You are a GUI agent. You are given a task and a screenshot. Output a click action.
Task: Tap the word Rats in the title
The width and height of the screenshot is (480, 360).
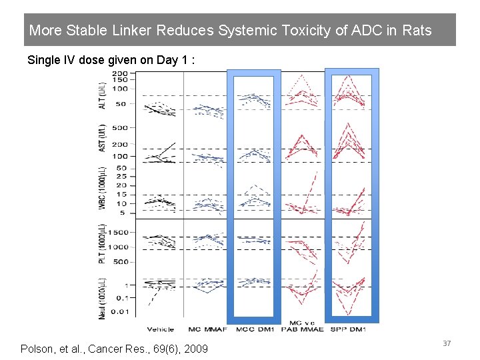417,31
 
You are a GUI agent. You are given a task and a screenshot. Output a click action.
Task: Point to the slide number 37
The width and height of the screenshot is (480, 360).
447,343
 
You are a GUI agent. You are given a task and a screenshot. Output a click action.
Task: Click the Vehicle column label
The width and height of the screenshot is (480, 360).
161,329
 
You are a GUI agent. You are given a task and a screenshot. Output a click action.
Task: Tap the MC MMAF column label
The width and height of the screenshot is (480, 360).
207,329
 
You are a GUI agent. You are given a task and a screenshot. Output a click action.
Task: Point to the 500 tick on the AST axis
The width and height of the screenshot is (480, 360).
120,127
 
